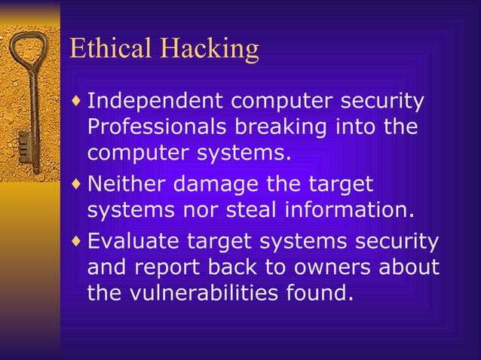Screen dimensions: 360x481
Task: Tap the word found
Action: (x=322, y=293)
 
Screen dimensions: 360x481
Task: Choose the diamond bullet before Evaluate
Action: (x=77, y=242)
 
